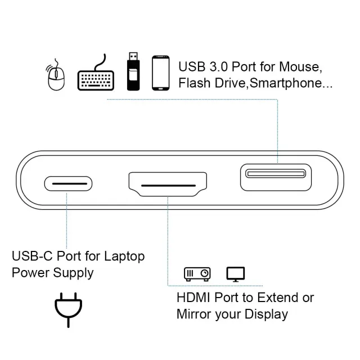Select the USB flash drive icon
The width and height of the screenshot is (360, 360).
132,71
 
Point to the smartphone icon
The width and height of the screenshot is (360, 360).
161,73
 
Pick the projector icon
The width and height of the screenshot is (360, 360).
197,274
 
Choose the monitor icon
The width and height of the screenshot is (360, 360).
236,274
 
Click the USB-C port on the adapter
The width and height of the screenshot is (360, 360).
68,183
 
